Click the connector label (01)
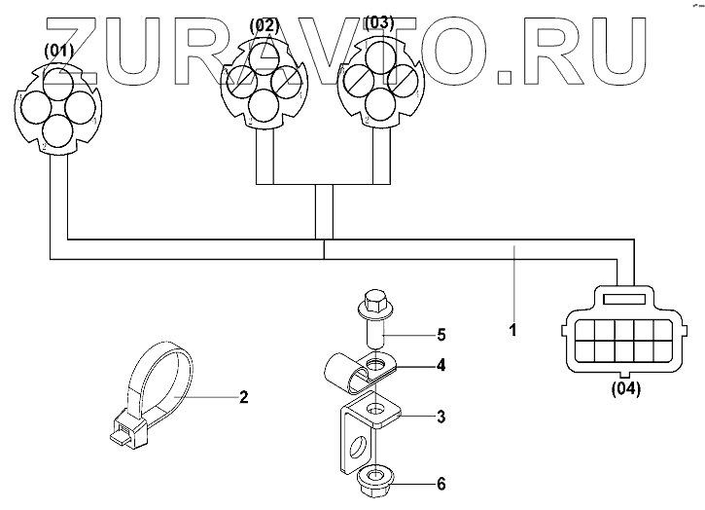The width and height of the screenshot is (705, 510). click(59, 52)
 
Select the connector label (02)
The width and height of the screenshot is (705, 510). click(263, 24)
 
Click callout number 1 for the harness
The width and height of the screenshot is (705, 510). click(513, 329)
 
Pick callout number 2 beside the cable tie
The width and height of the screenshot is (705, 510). click(244, 396)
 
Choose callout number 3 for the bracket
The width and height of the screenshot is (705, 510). click(441, 417)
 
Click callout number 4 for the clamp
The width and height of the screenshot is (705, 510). click(441, 367)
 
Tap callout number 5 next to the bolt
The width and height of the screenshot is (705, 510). click(441, 335)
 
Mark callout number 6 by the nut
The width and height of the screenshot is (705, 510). click(441, 484)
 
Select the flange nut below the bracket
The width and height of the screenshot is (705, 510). click(373, 480)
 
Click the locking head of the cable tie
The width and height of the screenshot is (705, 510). click(126, 428)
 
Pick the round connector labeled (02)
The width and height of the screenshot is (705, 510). click(262, 84)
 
